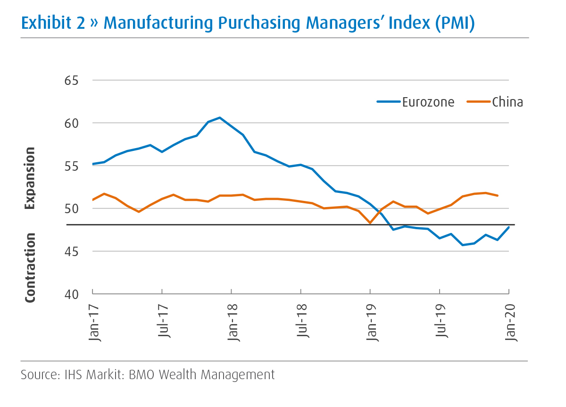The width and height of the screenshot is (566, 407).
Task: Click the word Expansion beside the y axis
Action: (30, 178)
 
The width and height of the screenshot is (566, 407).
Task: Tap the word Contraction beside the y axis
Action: (30, 267)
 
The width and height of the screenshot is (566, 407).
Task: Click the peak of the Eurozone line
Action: (220, 117)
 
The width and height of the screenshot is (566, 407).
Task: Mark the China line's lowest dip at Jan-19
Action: (370, 223)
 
